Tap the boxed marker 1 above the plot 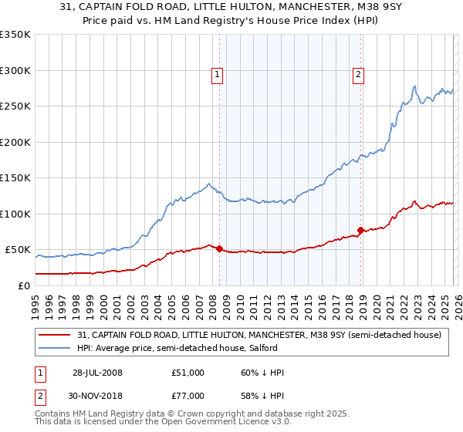tap(217, 75)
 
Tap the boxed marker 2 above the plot tap(359, 75)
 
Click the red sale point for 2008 tap(219, 248)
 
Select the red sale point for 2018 tap(360, 230)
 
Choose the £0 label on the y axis tap(23, 285)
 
